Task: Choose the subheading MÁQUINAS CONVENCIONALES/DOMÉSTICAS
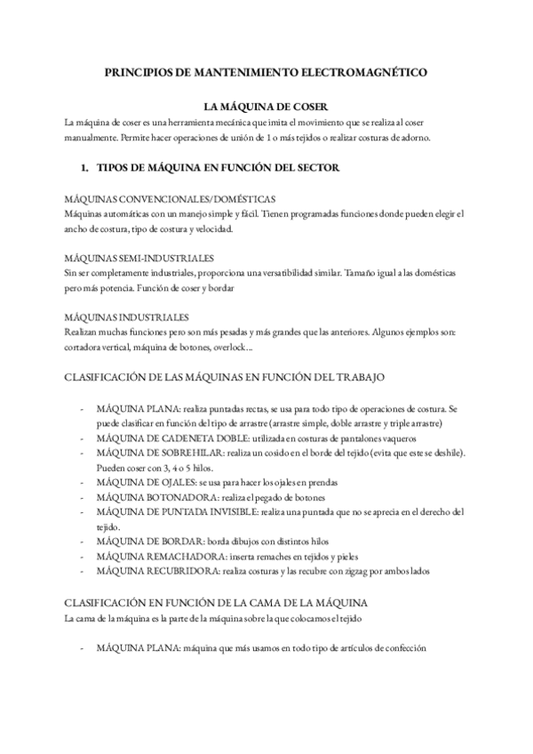point(170,199)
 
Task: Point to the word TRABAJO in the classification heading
point(360,377)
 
